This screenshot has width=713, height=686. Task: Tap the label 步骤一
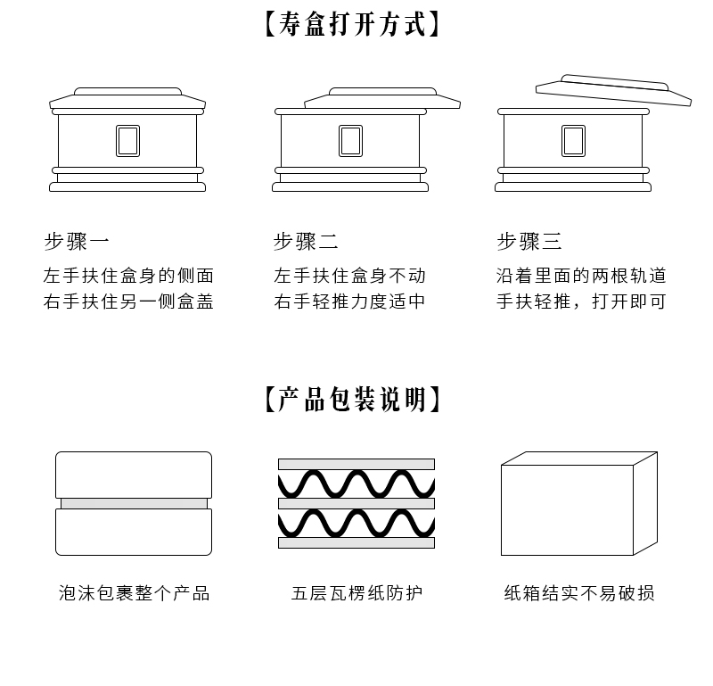(78, 241)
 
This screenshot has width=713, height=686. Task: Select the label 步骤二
(306, 241)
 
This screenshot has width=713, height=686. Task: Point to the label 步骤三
(529, 241)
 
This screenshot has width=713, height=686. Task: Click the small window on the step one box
(127, 141)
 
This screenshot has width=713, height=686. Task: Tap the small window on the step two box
(350, 141)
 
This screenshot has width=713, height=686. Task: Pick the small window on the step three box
(573, 141)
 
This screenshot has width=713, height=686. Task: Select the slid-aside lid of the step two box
(383, 99)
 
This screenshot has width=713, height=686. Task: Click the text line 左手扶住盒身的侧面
(128, 276)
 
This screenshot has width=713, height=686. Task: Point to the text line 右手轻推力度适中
(349, 302)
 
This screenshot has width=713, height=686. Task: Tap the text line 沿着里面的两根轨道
(581, 276)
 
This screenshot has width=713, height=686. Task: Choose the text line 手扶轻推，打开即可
(581, 302)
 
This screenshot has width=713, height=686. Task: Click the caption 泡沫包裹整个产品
(134, 593)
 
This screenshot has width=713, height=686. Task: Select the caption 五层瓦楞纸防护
(356, 593)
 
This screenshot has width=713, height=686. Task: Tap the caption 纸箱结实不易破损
(579, 593)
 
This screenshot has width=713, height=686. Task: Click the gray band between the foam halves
(134, 503)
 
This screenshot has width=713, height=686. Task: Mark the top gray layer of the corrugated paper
(356, 464)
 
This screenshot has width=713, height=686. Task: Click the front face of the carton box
(567, 509)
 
